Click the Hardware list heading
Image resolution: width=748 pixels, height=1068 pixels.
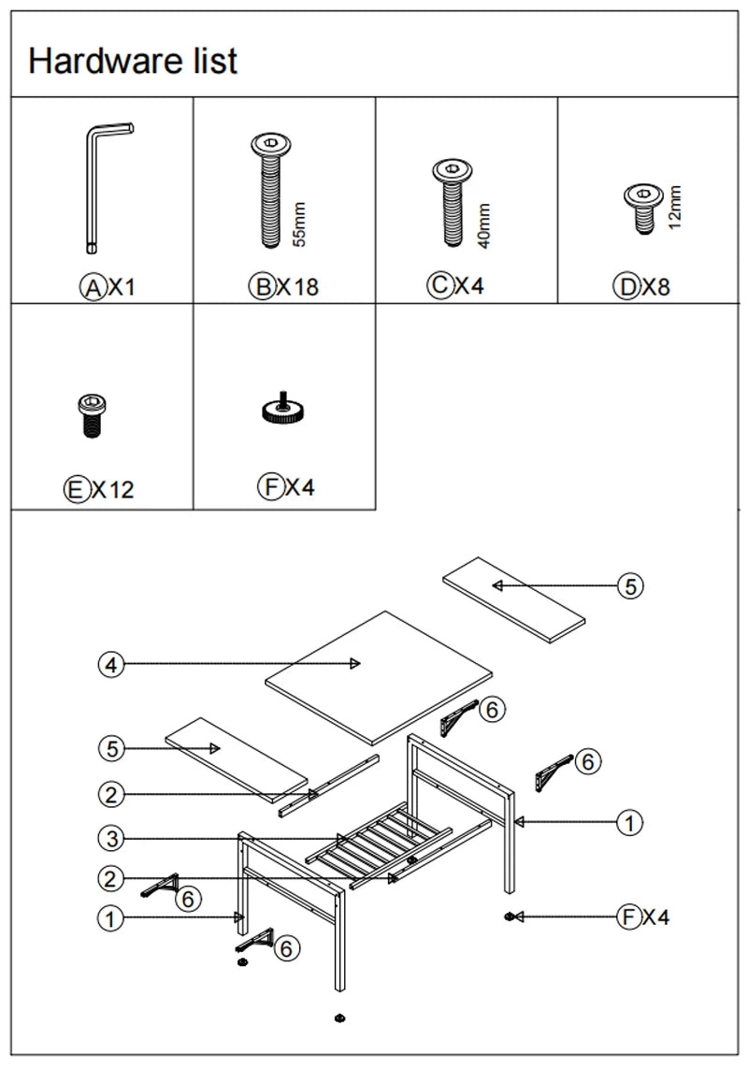click(133, 62)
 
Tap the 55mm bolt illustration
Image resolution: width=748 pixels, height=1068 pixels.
click(270, 191)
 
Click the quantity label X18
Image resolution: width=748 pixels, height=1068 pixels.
click(297, 287)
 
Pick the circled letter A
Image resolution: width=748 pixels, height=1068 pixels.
click(93, 287)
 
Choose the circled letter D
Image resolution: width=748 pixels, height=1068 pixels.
click(626, 287)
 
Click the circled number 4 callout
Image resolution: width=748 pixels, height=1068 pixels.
click(110, 664)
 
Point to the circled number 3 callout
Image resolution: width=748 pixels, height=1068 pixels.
click(110, 839)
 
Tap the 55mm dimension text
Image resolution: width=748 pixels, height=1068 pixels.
click(299, 224)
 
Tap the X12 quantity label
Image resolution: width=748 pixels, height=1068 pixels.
click(112, 489)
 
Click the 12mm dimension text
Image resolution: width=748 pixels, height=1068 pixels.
click(675, 208)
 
